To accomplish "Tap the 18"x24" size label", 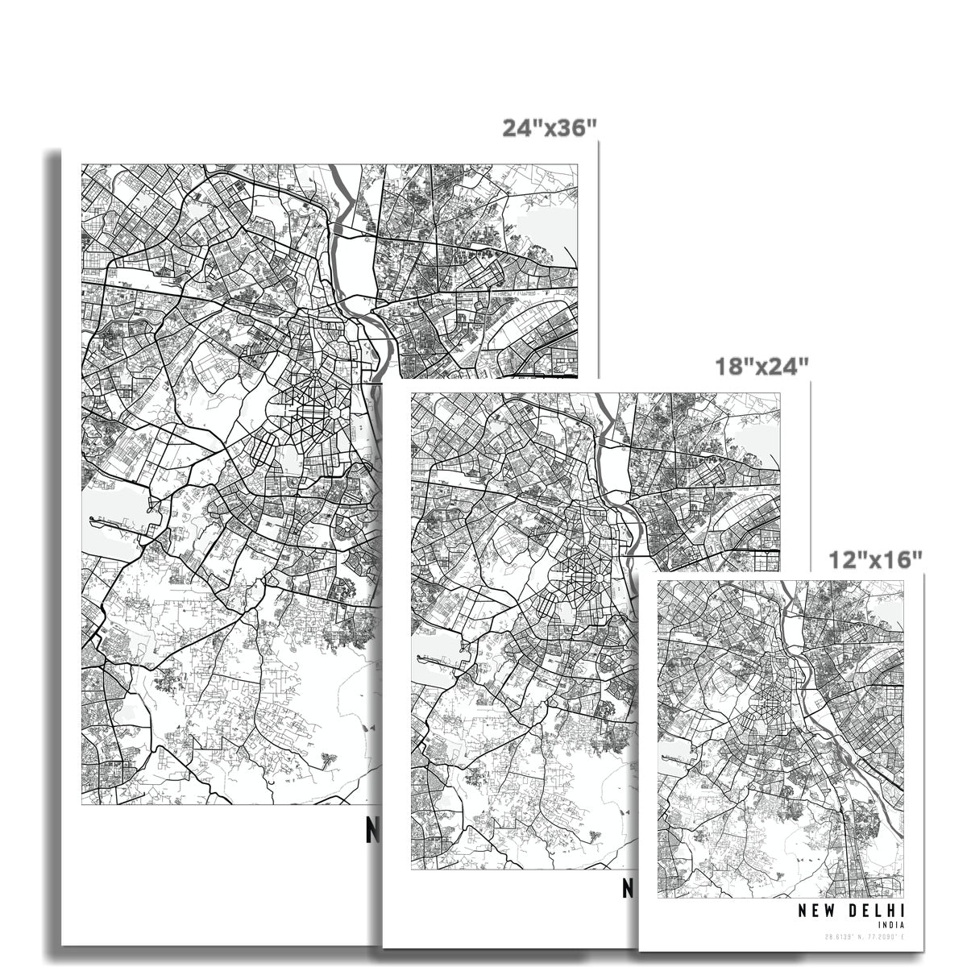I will click(x=762, y=367).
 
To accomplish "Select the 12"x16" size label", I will click(x=876, y=558).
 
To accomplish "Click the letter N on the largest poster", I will click(x=372, y=831).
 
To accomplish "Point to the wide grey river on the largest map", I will click(x=348, y=266).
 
